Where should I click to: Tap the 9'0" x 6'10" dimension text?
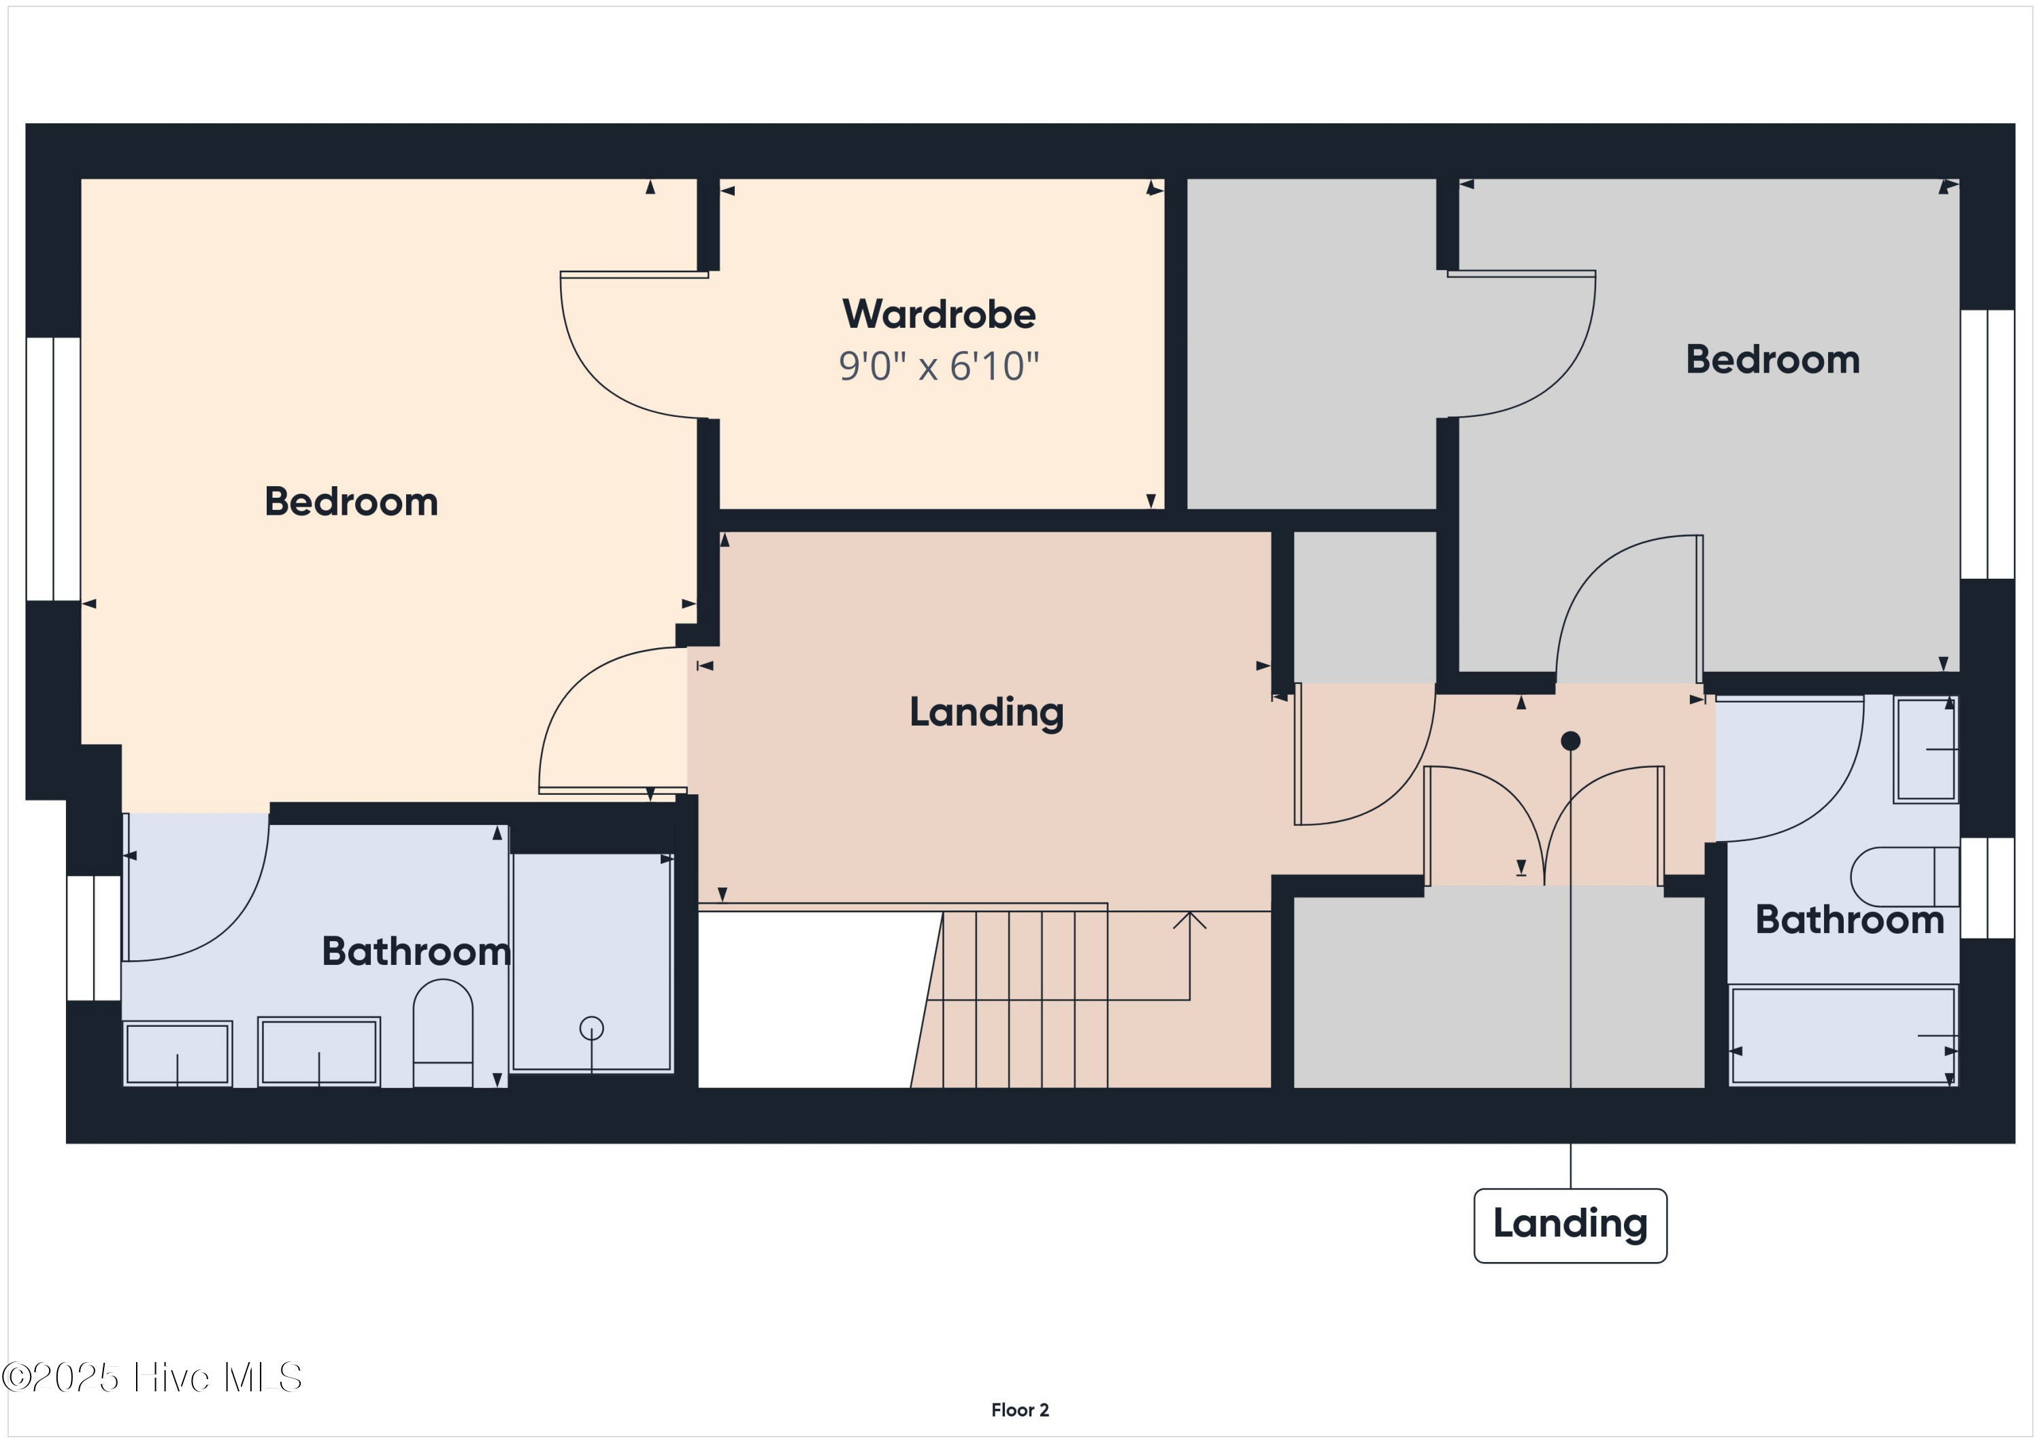939,366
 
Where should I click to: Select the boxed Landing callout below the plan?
1570,1225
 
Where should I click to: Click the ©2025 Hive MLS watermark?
152,1376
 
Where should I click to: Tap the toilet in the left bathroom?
443,1031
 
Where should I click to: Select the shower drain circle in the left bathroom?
591,1028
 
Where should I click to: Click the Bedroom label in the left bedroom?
351,502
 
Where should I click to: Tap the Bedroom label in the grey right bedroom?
1772,360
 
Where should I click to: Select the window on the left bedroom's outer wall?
53,469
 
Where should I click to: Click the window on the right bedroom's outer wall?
1988,444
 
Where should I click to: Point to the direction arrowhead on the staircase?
1189,919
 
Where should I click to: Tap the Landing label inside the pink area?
986,713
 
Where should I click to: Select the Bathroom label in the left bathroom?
416,951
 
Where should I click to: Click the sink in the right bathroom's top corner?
1925,750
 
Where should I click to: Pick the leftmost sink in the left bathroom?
178,1054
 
